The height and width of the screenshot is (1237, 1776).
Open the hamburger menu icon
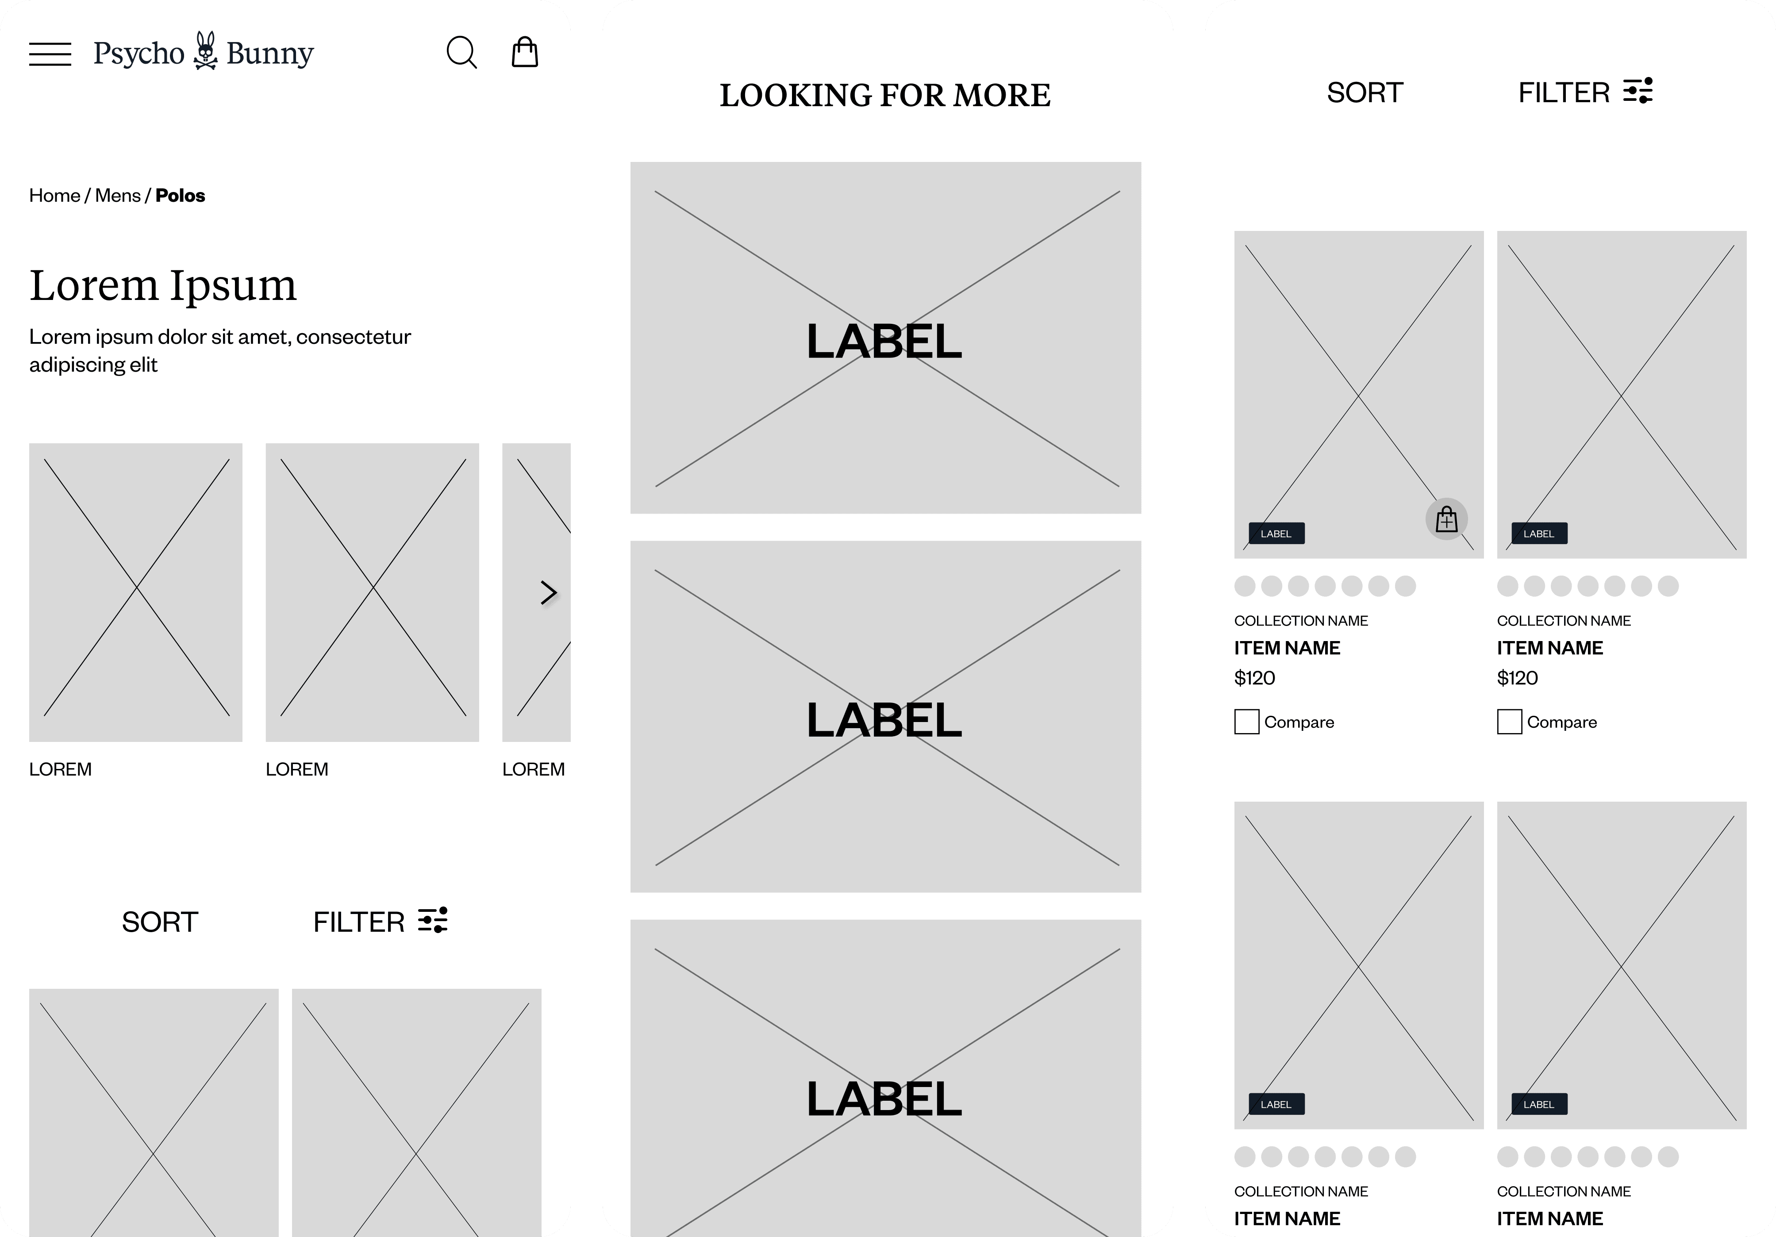point(50,54)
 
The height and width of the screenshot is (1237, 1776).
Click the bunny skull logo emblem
point(206,51)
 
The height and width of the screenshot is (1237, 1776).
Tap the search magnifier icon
point(462,53)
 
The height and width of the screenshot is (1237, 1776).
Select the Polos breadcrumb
point(180,196)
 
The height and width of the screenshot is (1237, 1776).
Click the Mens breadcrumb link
point(118,196)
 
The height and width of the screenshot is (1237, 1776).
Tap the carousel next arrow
point(549,592)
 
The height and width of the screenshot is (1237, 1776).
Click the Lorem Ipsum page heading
point(163,285)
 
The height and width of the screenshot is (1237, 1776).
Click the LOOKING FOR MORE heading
point(885,95)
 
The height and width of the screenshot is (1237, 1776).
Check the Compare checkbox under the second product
point(1509,722)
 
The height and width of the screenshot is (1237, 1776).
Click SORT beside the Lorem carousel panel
point(160,922)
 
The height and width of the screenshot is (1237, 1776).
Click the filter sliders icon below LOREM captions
point(433,921)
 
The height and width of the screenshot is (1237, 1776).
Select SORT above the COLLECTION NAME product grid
point(1365,93)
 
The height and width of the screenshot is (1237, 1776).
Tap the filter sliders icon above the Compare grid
point(1638,91)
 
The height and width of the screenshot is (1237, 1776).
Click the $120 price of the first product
point(1255,679)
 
